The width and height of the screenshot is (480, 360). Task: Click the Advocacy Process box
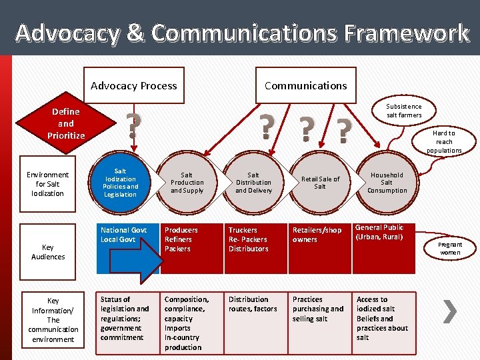(x=133, y=85)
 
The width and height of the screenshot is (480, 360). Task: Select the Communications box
(x=305, y=85)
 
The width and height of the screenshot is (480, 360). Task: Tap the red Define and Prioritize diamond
(x=65, y=123)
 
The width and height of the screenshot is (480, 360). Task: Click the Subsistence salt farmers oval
(x=404, y=111)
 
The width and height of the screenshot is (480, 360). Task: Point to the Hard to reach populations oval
(x=444, y=141)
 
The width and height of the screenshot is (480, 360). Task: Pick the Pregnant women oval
(x=449, y=249)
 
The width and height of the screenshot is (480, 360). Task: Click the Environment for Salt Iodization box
(x=47, y=184)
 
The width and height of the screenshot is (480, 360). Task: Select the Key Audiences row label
(x=48, y=252)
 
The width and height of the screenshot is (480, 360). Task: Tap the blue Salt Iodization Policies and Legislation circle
(x=120, y=183)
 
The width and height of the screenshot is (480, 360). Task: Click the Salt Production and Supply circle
(x=187, y=183)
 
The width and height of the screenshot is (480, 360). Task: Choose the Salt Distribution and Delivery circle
(x=253, y=183)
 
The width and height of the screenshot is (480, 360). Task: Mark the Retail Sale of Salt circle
(x=320, y=183)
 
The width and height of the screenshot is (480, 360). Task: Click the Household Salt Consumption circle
(x=387, y=182)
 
